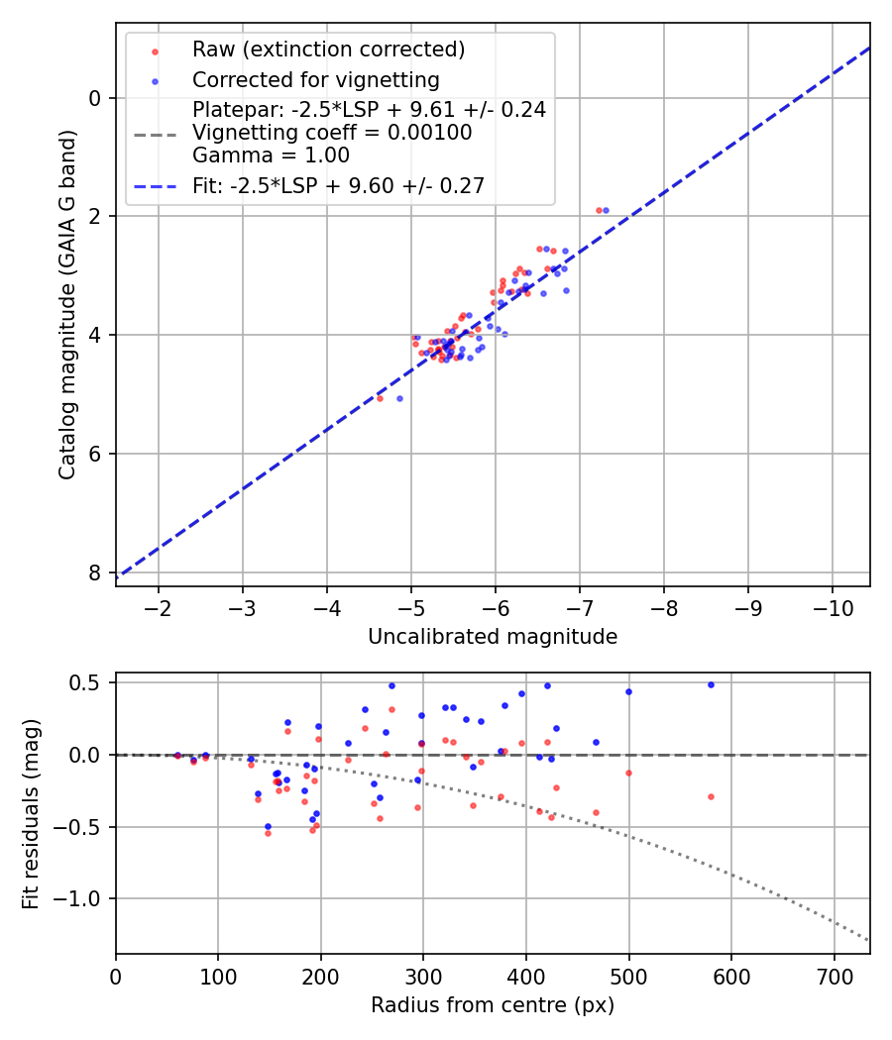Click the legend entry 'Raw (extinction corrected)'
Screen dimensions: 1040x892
328,50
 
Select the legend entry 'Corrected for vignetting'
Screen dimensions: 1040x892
315,79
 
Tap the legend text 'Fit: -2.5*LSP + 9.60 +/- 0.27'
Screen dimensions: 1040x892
338,185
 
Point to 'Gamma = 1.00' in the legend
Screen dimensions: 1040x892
271,155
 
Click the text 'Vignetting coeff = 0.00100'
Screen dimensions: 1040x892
332,133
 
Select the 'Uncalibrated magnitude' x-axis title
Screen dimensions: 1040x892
493,637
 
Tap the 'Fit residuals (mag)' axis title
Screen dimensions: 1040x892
31,813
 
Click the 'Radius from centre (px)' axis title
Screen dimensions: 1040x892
493,1005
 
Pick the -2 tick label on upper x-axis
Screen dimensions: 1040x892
159,606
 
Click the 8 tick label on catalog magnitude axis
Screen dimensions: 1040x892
95,572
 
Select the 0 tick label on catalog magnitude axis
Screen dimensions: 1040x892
95,98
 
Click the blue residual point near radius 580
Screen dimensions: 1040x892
711,684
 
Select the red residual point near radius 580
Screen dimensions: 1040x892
711,796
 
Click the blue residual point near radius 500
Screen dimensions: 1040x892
628,691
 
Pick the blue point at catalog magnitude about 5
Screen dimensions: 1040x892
399,398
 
